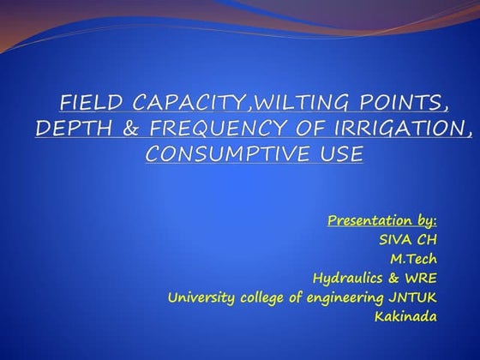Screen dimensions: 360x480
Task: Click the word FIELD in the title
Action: (x=84, y=105)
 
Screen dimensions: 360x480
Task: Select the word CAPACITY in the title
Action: (x=163, y=105)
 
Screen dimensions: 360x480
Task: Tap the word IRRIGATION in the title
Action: (x=376, y=129)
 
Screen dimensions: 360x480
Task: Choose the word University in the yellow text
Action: (x=198, y=297)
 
